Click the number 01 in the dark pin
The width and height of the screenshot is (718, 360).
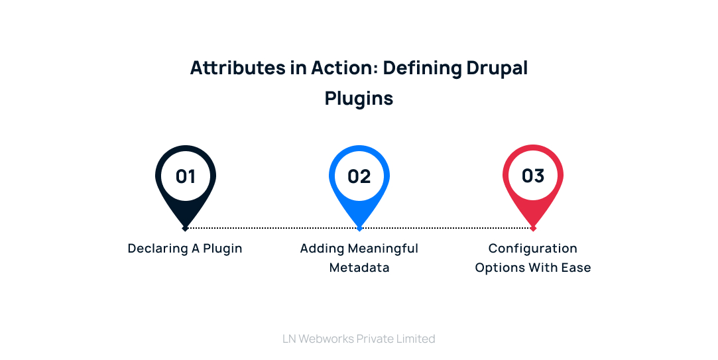pos(186,176)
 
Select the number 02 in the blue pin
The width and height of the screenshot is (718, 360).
pos(359,176)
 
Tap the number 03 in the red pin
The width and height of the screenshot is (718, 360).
pos(533,176)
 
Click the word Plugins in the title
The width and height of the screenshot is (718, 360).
pos(359,98)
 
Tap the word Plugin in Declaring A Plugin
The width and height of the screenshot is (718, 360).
pos(223,249)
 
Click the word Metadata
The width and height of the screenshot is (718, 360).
pos(359,268)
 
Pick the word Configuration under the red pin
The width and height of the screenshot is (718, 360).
pos(533,249)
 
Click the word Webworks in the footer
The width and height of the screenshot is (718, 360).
pos(326,339)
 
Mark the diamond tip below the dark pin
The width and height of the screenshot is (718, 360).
pos(186,228)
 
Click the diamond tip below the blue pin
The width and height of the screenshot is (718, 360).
pos(359,228)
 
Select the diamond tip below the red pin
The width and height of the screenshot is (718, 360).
pos(533,228)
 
